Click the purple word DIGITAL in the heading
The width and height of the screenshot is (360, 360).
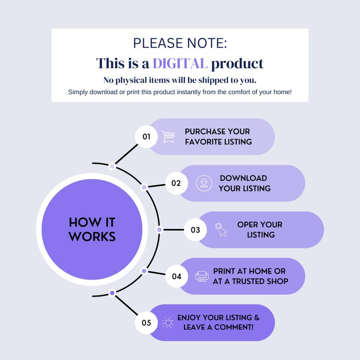click(x=180, y=63)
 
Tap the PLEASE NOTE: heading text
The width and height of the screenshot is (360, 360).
click(x=180, y=44)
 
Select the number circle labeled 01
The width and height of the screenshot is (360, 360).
click(x=146, y=136)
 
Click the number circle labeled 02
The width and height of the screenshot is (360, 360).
click(x=176, y=183)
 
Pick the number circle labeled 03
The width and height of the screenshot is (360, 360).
click(x=195, y=230)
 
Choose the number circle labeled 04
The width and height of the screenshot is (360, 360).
click(x=176, y=276)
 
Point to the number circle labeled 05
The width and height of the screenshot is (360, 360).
click(x=146, y=323)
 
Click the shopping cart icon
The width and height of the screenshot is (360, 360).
click(x=168, y=136)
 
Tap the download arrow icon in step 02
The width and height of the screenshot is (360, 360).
click(x=204, y=183)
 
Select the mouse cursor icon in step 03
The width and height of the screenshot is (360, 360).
click(x=221, y=230)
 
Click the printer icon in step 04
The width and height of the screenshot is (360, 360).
click(x=202, y=276)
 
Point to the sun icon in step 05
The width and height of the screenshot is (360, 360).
click(x=168, y=323)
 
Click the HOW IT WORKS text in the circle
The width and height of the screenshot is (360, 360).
click(x=92, y=229)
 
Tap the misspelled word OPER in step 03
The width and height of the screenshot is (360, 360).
click(x=248, y=225)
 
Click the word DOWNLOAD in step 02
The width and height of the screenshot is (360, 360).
click(x=243, y=178)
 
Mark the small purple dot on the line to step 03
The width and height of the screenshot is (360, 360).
click(x=159, y=230)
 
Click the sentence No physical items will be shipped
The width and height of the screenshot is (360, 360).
click(x=180, y=80)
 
